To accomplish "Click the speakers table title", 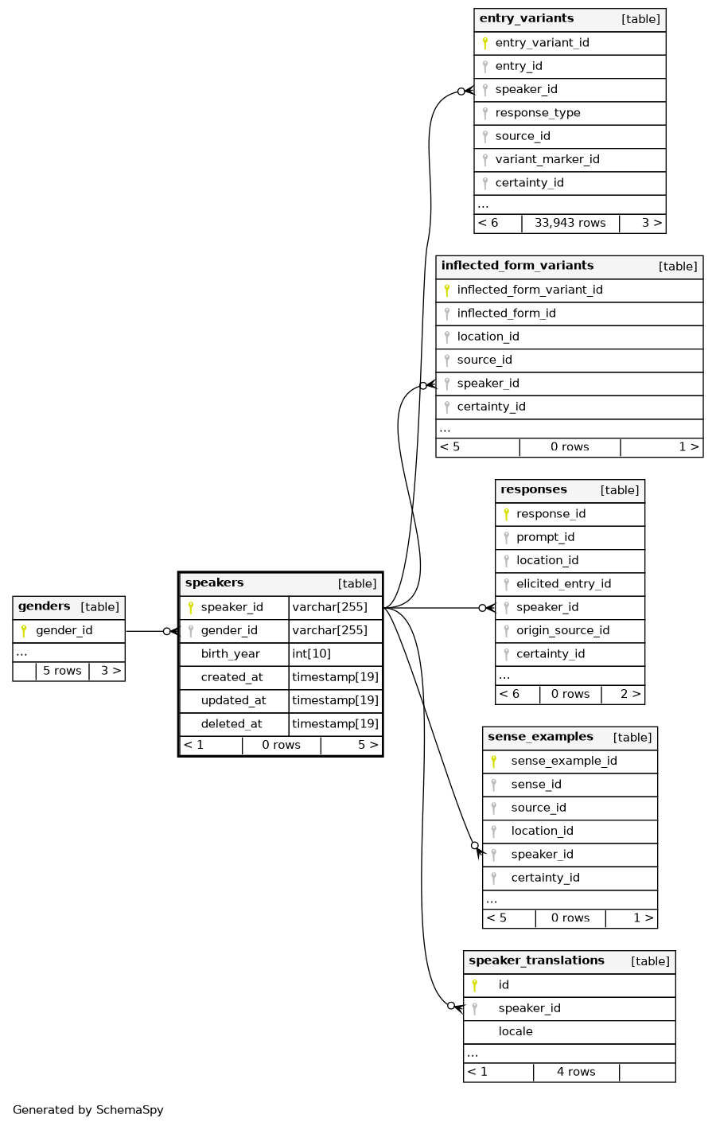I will [215, 583].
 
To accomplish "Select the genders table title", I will [45, 606].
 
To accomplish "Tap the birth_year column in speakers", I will [230, 654].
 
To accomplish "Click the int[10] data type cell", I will [311, 654].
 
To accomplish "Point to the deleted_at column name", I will [231, 724].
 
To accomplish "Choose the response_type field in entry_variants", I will [537, 113].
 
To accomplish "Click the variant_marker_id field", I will [547, 160].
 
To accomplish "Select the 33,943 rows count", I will [570, 224].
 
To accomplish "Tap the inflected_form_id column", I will [506, 314].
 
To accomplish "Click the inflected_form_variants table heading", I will [517, 266].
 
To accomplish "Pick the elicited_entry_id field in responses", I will [563, 584].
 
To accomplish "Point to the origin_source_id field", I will [562, 631].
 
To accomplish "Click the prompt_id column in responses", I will [545, 537].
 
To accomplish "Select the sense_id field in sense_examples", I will [536, 785].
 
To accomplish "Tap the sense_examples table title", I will [540, 737].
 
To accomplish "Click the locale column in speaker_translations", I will [516, 1032].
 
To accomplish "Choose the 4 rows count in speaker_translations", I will [576, 1073].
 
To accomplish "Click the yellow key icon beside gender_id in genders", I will [24, 631].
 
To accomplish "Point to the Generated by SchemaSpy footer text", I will [88, 1110].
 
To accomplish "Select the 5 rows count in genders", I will [62, 672].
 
